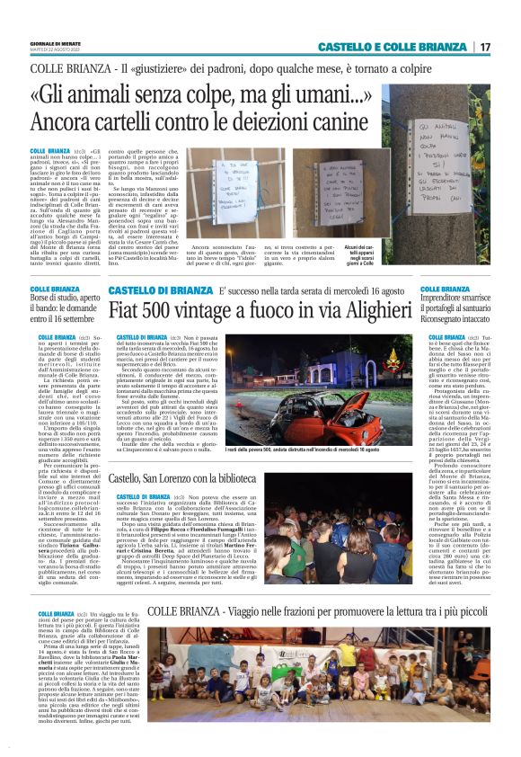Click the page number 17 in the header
[x=484, y=47]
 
